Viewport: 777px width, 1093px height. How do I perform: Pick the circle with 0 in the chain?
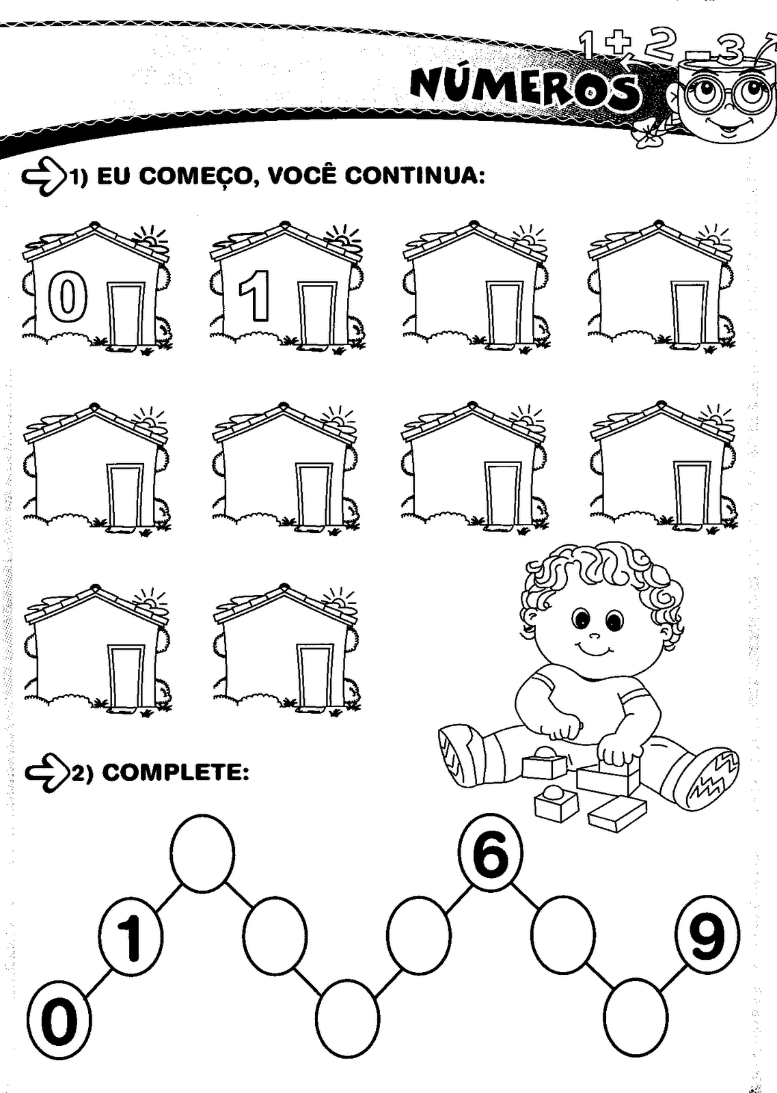pos(59,1025)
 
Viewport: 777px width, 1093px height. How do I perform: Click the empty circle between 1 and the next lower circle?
pos(202,853)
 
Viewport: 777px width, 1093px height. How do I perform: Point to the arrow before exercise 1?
pos(44,177)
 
